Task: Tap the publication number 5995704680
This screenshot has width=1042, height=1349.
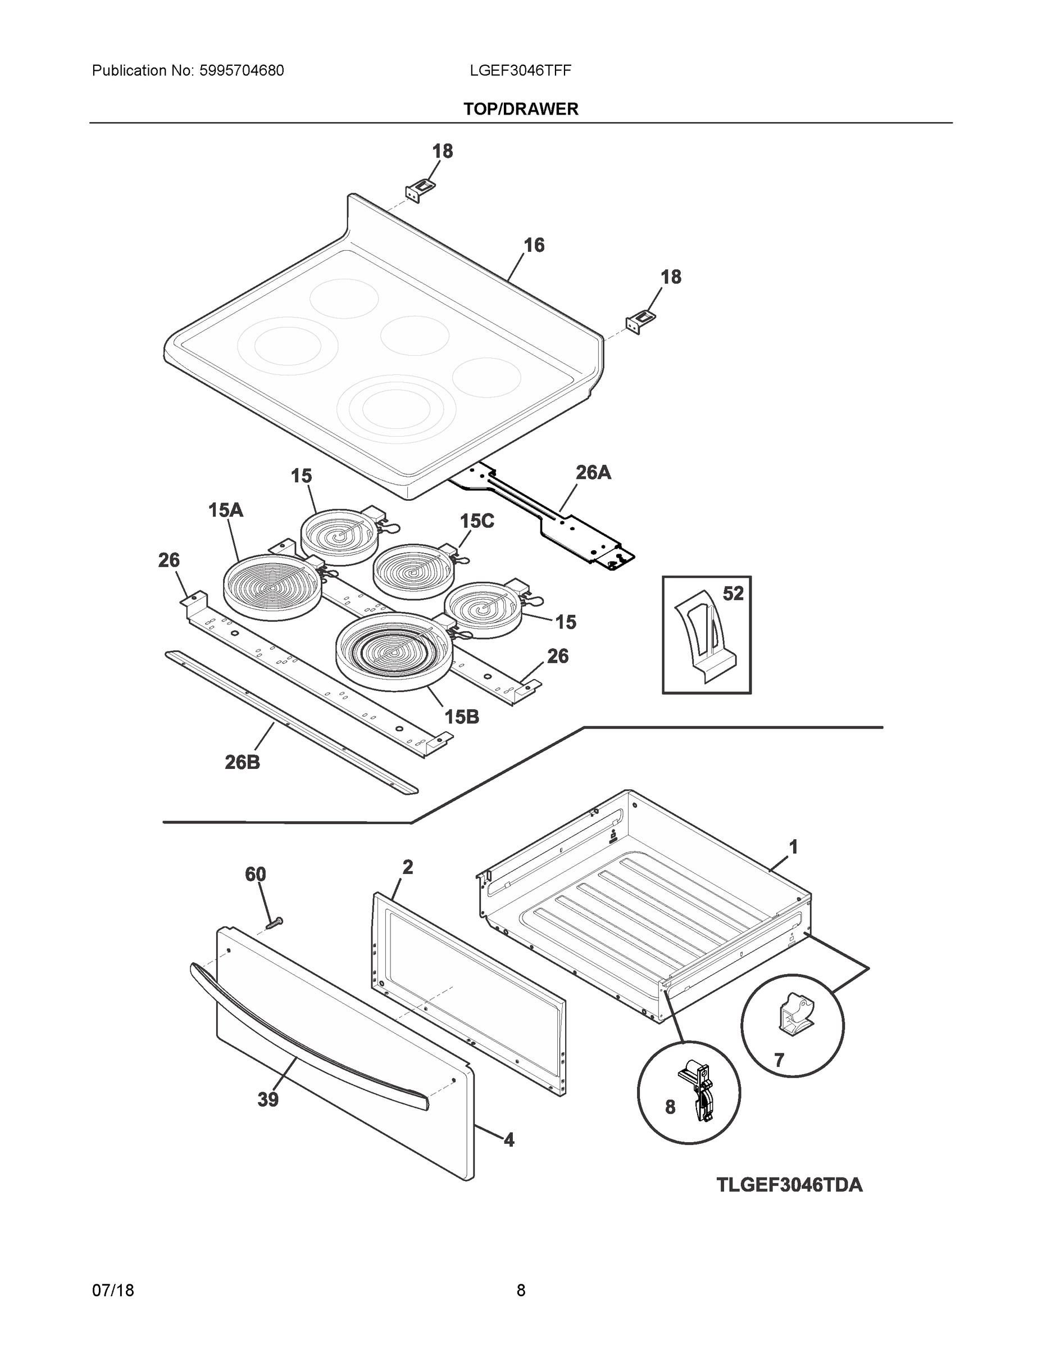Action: pyautogui.click(x=242, y=71)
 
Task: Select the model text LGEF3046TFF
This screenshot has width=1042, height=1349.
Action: pyautogui.click(x=520, y=71)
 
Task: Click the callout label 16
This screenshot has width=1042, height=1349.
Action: pyautogui.click(x=534, y=245)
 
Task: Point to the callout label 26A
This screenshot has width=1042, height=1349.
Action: pyautogui.click(x=593, y=473)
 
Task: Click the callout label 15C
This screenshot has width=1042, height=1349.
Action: pyautogui.click(x=476, y=521)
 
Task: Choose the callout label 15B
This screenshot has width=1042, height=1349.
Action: pyautogui.click(x=462, y=717)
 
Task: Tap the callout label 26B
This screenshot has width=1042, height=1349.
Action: pyautogui.click(x=242, y=762)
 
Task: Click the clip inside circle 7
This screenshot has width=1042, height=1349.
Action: pyautogui.click(x=794, y=1013)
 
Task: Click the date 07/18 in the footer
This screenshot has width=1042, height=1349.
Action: pyautogui.click(x=113, y=1291)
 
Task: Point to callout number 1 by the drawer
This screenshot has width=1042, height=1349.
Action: pyautogui.click(x=793, y=847)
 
